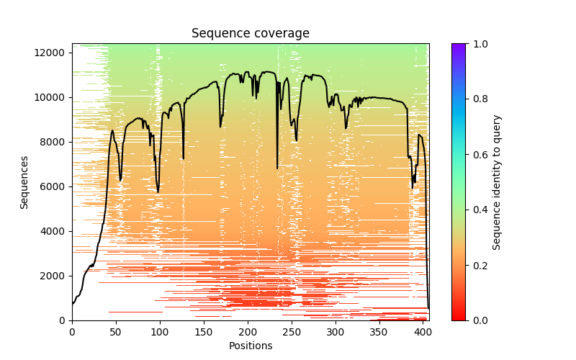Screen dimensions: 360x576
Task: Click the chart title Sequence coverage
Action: pyautogui.click(x=251, y=34)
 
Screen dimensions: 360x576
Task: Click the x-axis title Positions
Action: pyautogui.click(x=251, y=346)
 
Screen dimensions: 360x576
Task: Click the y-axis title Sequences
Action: pyautogui.click(x=24, y=182)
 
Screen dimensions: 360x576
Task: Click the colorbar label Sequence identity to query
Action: pyautogui.click(x=497, y=182)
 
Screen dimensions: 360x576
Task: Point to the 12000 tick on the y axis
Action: pyautogui.click(x=53, y=53)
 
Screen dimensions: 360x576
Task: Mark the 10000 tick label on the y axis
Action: pyautogui.click(x=53, y=97)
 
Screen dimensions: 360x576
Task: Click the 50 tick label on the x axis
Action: pyautogui.click(x=116, y=332)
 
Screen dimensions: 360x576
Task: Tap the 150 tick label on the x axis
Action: pyautogui.click(x=204, y=332)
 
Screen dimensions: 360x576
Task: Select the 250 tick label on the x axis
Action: pyautogui.click(x=292, y=332)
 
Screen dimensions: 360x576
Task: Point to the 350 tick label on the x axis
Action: pyautogui.click(x=379, y=332)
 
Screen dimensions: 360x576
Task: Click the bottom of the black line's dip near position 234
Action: pyautogui.click(x=277, y=168)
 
